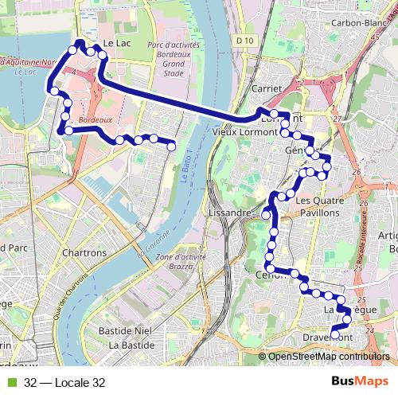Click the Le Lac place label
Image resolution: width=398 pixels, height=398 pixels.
(116, 45)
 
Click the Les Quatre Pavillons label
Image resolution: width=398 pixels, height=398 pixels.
(318, 207)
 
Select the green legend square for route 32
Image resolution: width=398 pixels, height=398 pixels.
(11, 382)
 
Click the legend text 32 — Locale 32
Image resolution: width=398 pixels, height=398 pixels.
(64, 382)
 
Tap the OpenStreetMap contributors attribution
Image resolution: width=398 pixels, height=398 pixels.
(329, 356)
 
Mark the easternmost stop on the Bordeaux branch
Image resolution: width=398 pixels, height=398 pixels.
(171, 145)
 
